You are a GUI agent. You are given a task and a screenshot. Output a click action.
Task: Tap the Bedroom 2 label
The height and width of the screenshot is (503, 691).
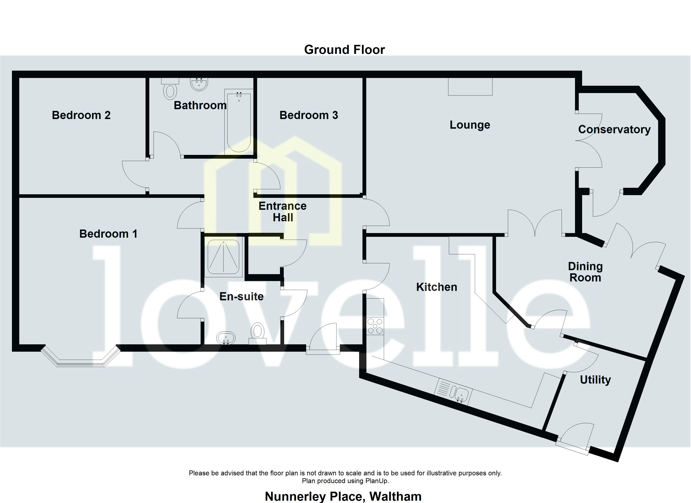point(81,115)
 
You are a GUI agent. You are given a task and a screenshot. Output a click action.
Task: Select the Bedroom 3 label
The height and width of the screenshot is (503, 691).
point(309,115)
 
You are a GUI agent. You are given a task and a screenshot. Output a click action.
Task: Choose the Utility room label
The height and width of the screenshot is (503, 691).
point(595,380)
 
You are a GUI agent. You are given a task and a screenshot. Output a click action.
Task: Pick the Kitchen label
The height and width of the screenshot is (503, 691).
point(437,287)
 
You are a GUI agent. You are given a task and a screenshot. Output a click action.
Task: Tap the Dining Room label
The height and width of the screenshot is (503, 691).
point(585,272)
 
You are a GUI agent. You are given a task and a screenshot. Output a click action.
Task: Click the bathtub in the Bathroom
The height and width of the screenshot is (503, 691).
point(239,122)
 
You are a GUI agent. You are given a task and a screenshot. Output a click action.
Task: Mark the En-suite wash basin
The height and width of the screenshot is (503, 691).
point(226,338)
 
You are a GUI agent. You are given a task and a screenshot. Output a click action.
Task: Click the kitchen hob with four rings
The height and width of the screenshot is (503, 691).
point(375,326)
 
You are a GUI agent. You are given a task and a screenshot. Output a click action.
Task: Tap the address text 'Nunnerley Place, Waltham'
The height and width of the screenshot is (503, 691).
point(343,496)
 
